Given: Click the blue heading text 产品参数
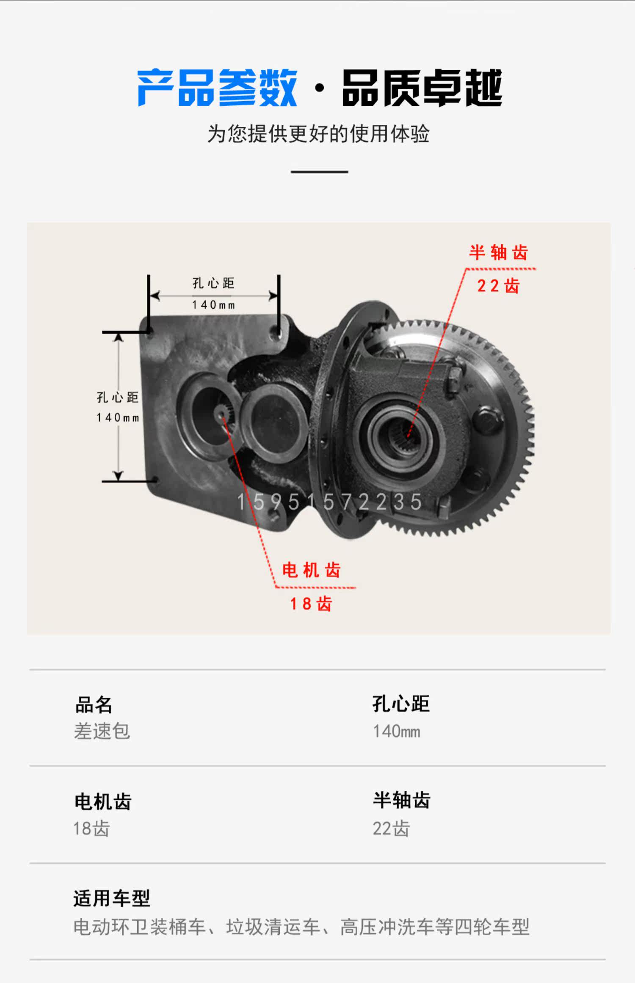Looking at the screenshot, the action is pyautogui.click(x=217, y=88).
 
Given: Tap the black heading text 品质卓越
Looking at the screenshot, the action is pyautogui.click(x=422, y=88).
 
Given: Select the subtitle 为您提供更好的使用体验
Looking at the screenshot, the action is pyautogui.click(x=318, y=134).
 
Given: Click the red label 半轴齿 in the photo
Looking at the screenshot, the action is pyautogui.click(x=498, y=253).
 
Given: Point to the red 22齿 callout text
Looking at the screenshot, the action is pyautogui.click(x=498, y=286).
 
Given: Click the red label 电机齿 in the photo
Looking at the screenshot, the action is pyautogui.click(x=311, y=570).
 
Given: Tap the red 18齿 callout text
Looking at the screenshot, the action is pyautogui.click(x=311, y=604).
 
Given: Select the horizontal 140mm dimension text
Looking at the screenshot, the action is pyautogui.click(x=213, y=305).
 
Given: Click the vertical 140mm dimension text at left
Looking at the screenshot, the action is pyautogui.click(x=118, y=418).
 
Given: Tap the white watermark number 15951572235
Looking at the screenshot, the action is pyautogui.click(x=329, y=502).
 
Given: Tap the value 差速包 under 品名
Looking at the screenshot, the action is pyautogui.click(x=102, y=731).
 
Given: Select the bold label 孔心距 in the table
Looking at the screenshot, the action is pyautogui.click(x=401, y=704).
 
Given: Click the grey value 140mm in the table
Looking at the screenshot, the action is pyautogui.click(x=397, y=731).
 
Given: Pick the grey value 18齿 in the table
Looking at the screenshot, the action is pyautogui.click(x=91, y=828).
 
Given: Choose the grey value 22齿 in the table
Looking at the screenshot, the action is pyautogui.click(x=391, y=828).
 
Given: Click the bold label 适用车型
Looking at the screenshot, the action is pyautogui.click(x=112, y=898).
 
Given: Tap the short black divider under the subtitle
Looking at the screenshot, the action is pyautogui.click(x=319, y=172).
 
